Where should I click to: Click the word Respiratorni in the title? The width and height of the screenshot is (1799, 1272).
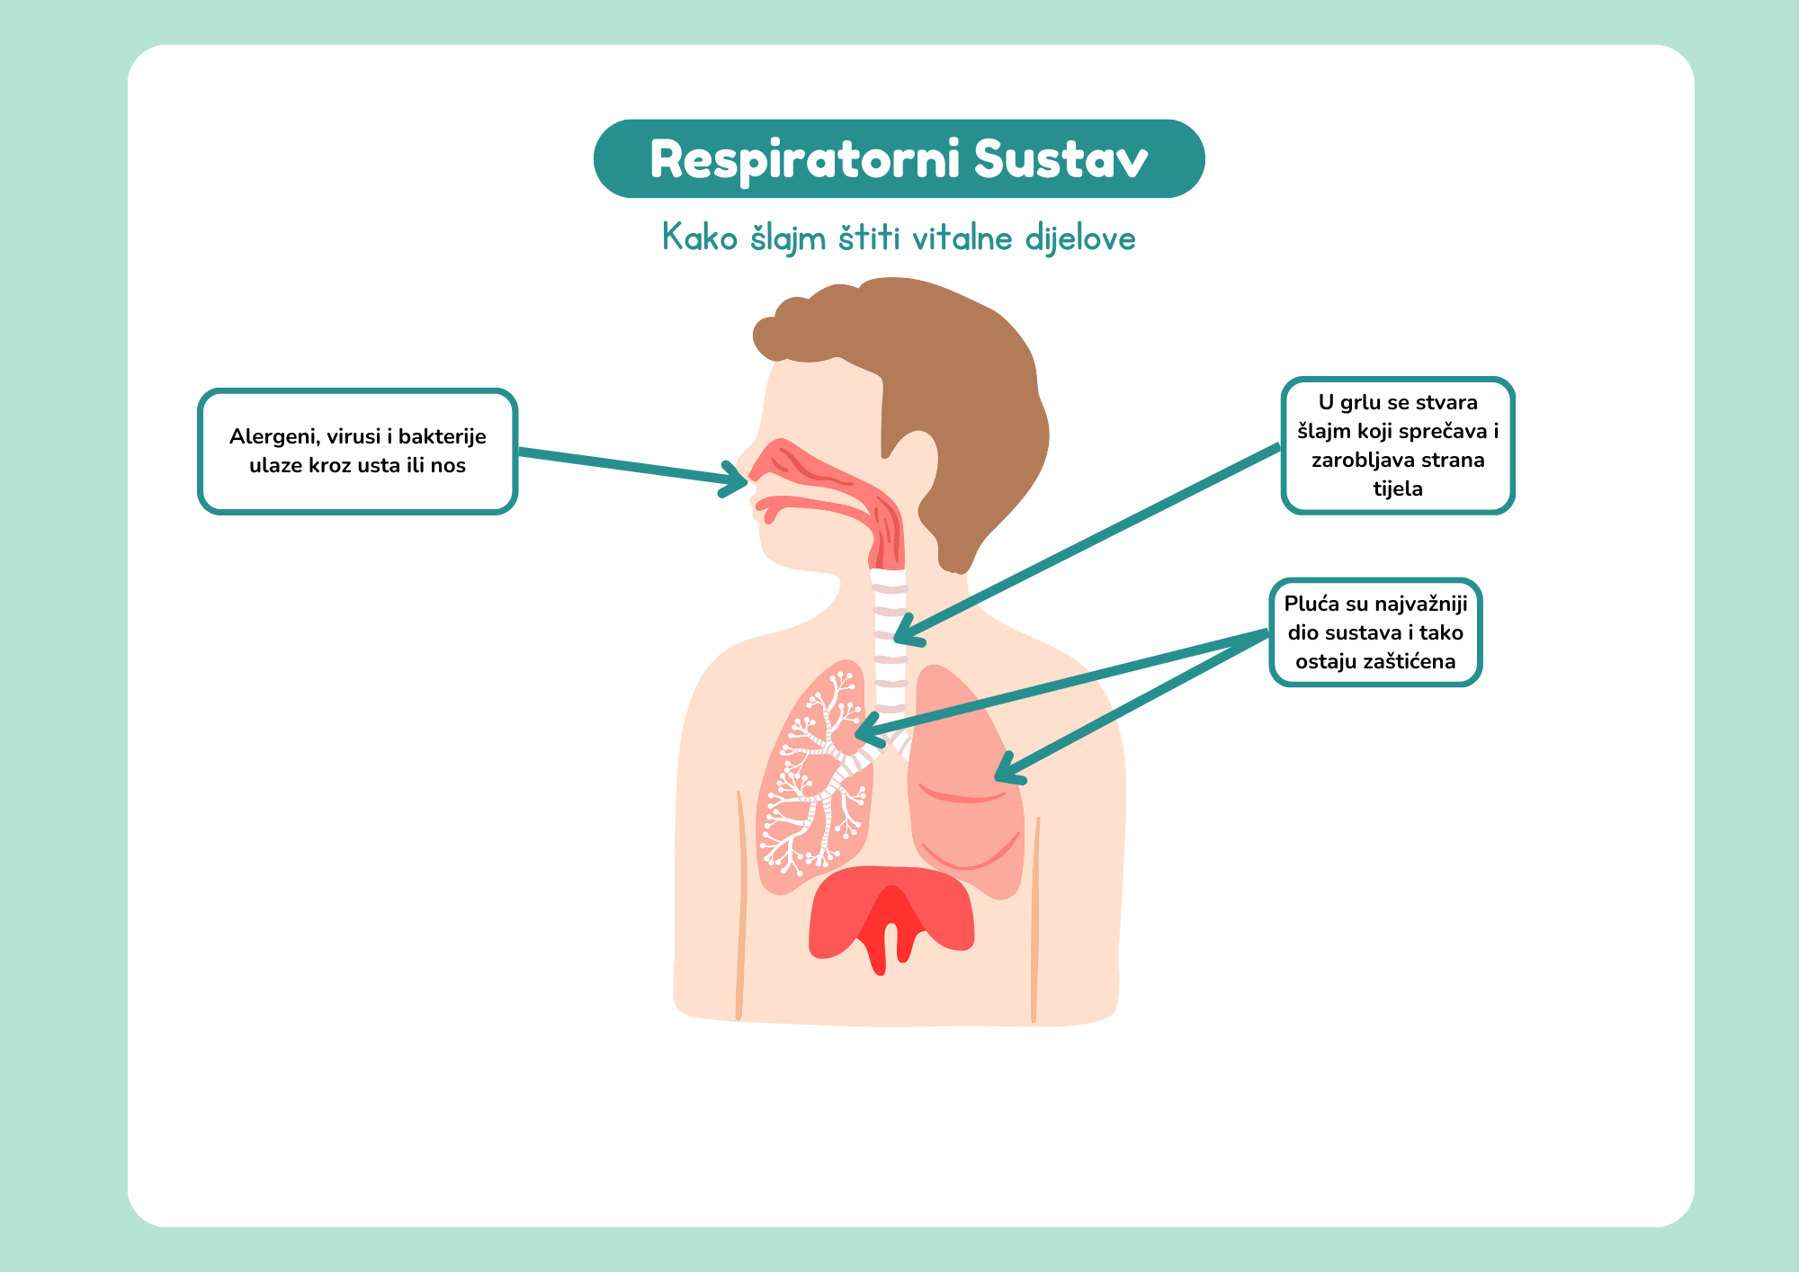pyautogui.click(x=805, y=160)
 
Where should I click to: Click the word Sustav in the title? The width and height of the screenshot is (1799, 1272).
pyautogui.click(x=1061, y=160)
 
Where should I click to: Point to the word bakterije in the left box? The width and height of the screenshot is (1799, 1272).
pyautogui.click(x=442, y=437)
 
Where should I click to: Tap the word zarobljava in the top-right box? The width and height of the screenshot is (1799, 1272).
pyautogui.click(x=1352, y=461)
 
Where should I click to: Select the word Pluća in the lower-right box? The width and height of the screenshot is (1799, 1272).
pyautogui.click(x=1311, y=604)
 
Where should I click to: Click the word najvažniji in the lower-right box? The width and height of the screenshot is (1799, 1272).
pyautogui.click(x=1420, y=604)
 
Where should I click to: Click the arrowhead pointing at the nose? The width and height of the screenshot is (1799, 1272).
pyautogui.click(x=737, y=479)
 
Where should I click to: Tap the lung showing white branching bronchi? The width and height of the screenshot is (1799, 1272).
pyautogui.click(x=810, y=792)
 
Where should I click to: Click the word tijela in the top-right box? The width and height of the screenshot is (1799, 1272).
pyautogui.click(x=1398, y=489)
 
